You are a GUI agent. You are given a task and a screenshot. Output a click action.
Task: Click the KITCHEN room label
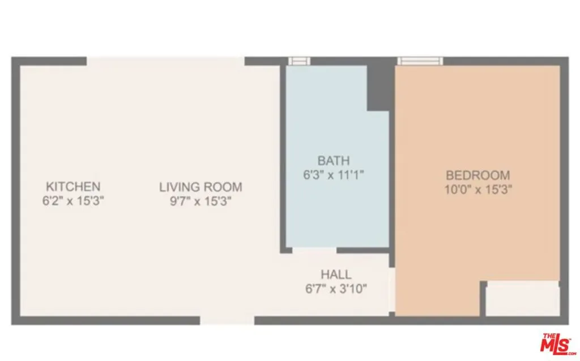[73, 186]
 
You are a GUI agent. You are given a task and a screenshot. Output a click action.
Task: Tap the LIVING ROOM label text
[201, 187]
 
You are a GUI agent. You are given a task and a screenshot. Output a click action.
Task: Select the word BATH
[334, 161]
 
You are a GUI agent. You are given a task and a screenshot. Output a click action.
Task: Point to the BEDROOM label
[478, 175]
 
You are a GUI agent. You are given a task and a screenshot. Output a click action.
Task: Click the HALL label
[336, 274]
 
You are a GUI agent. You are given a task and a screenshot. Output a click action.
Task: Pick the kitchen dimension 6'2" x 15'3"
[73, 201]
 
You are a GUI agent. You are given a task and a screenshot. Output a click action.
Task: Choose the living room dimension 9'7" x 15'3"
[201, 201]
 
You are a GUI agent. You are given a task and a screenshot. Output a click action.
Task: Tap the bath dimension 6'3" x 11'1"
[334, 175]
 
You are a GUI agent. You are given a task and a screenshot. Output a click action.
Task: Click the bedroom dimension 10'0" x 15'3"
[478, 190]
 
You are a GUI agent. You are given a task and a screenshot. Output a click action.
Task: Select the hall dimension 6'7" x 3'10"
[336, 289]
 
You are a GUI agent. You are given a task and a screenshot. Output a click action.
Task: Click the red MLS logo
[556, 343]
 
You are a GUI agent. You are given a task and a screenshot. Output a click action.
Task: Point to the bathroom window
[299, 61]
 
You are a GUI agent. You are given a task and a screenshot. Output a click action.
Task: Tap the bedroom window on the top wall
[420, 61]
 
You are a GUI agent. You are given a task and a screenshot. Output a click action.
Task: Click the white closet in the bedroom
[523, 299]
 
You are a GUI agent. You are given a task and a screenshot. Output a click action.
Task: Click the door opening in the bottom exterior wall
[227, 320]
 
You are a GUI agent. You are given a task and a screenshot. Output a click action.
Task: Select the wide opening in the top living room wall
[166, 61]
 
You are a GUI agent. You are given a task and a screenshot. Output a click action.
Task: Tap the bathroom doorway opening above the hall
[314, 251]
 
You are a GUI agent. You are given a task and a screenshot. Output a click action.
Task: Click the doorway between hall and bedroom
[392, 290]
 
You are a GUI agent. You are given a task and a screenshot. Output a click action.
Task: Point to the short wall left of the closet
[483, 299]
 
